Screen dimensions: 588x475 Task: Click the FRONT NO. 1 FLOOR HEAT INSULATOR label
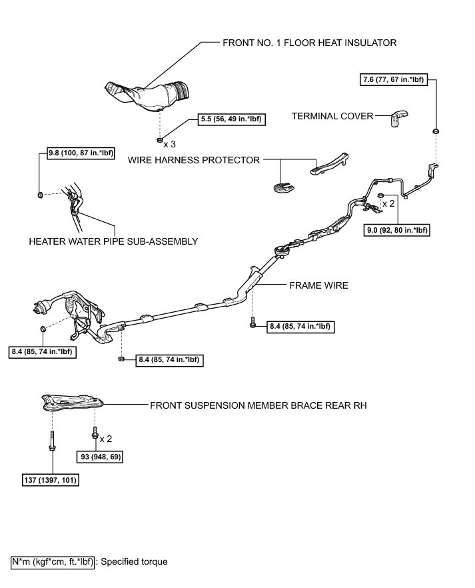pos(309,43)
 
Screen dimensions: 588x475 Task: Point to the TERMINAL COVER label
pos(332,116)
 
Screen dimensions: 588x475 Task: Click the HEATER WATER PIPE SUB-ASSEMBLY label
pos(113,241)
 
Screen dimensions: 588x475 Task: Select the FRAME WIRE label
pos(318,285)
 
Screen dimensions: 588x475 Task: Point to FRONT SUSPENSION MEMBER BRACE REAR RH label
pos(258,405)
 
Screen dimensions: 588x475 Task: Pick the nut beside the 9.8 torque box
pos(39,195)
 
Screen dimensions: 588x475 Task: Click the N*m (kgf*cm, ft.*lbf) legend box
pos(53,561)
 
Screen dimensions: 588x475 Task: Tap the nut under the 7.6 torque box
pos(436,131)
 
